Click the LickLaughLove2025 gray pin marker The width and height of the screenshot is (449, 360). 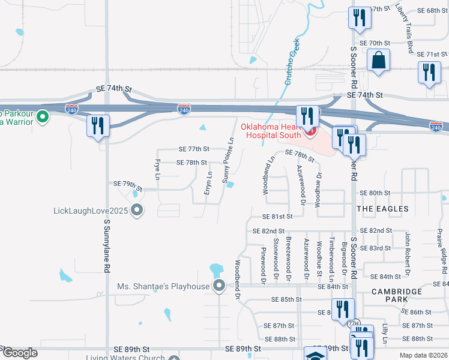click(137, 210)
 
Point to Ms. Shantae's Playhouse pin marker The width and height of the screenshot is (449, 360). click(219, 286)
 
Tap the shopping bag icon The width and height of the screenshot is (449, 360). click(379, 60)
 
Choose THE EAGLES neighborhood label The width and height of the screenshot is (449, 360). click(382, 209)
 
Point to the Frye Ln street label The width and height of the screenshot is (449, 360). click(157, 170)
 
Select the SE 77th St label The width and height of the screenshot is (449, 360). click(194, 149)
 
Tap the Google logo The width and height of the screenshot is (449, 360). click(19, 353)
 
